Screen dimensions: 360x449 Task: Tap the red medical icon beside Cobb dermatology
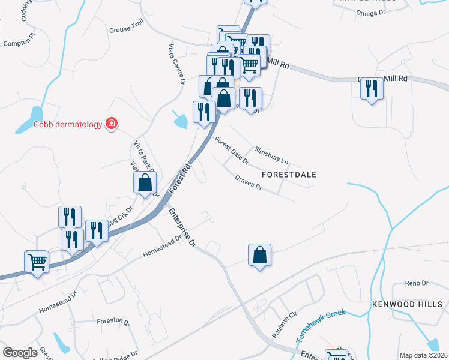(x=111, y=124)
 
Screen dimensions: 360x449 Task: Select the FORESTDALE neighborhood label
(x=289, y=174)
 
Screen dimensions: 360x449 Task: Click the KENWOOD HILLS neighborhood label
(x=407, y=305)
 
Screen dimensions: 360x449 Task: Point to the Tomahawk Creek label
(x=321, y=326)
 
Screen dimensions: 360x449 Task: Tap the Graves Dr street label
(x=249, y=182)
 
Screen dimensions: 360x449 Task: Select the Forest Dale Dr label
(x=232, y=150)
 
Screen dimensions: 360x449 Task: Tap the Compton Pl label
(x=20, y=43)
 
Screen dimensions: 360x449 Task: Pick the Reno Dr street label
(x=415, y=283)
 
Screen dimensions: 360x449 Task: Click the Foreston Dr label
(x=113, y=322)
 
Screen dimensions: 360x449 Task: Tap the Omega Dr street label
(x=370, y=13)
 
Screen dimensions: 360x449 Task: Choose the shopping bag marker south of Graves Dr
(x=259, y=255)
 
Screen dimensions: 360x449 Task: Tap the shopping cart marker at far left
(x=37, y=262)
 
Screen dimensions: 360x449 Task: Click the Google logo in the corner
(x=20, y=353)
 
